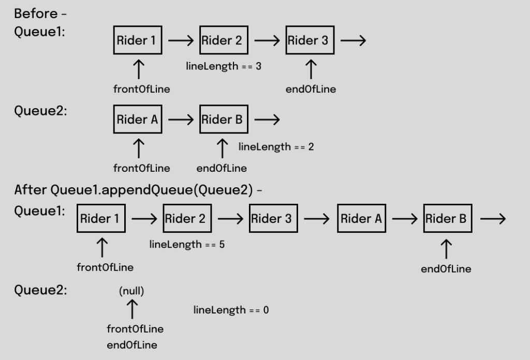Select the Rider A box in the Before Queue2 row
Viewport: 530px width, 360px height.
(138, 120)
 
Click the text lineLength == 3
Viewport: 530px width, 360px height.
(224, 67)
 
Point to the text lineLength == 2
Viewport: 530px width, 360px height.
(276, 147)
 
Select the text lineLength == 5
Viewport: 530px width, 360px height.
(187, 244)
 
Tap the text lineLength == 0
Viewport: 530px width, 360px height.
(231, 310)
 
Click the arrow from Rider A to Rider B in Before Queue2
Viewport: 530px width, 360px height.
(181, 120)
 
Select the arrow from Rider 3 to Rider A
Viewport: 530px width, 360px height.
(316, 219)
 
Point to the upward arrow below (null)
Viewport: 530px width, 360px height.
(132, 309)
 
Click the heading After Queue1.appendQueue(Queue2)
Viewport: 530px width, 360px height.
(138, 190)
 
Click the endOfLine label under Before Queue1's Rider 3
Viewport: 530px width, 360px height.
(311, 89)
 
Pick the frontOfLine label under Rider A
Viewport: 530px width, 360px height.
(142, 168)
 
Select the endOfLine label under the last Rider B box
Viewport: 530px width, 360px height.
(446, 268)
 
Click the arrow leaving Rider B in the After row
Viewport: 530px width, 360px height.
(493, 219)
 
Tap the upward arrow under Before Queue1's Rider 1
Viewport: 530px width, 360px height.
(138, 68)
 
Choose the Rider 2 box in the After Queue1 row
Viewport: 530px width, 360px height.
(187, 219)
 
